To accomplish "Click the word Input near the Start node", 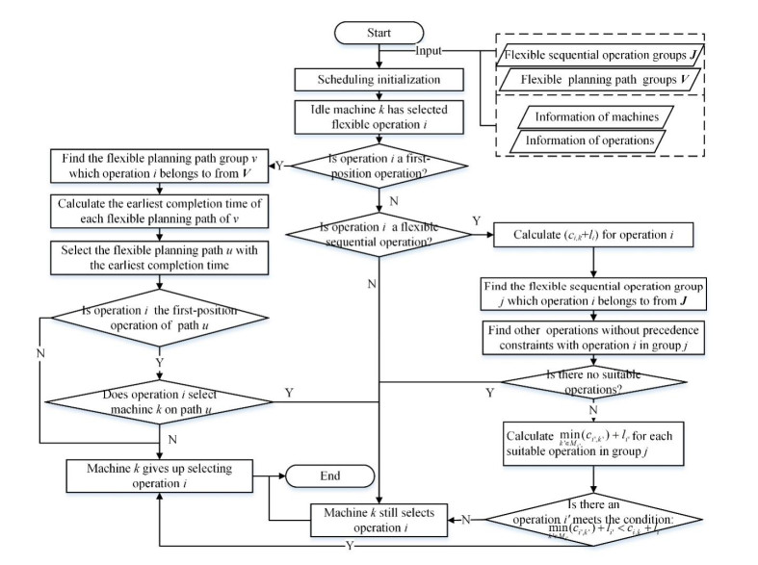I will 430,51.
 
